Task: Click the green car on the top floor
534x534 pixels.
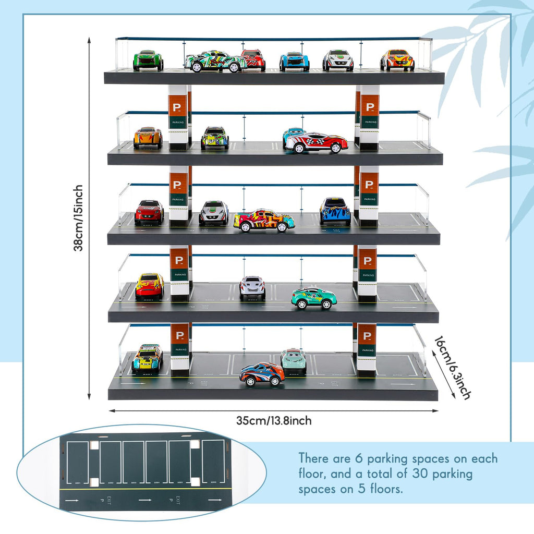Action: coord(148,60)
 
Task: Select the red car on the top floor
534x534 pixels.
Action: coord(253,59)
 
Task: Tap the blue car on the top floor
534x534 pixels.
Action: coord(294,61)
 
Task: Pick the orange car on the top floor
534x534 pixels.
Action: coord(397,60)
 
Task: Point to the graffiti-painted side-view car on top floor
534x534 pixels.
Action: coord(215,62)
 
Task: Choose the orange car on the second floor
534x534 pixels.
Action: coord(148,138)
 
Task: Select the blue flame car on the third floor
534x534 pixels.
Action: coord(335,211)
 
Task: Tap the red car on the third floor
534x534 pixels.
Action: coord(149,212)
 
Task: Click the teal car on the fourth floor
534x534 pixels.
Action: coord(314,298)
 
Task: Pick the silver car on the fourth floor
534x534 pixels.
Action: coord(252,287)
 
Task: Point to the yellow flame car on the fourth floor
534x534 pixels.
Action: coord(150,286)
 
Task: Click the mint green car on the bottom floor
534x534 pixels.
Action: coord(294,360)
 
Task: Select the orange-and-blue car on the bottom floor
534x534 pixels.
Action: coord(262,373)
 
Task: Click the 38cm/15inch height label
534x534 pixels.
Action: coord(79,218)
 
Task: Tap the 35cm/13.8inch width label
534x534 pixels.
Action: coord(274,420)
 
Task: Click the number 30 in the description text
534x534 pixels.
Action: coord(411,475)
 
